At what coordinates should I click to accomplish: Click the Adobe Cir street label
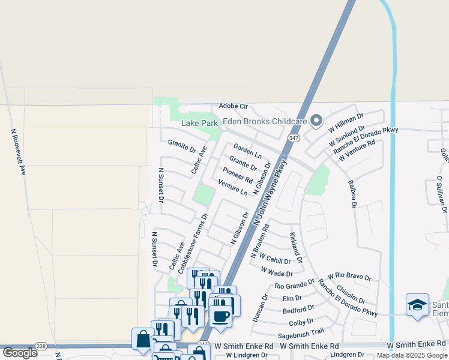234,106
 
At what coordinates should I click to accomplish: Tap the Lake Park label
200,123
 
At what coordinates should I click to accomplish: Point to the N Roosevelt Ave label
19,152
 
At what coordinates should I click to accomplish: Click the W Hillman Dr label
346,123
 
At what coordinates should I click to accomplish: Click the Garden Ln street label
247,151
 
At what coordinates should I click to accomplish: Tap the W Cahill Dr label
274,260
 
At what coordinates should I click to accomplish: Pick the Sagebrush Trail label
300,332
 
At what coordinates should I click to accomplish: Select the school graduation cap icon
417,305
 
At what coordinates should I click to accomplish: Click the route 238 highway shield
41,346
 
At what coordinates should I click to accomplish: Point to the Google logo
20,353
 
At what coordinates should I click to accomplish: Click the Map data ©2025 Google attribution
412,355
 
